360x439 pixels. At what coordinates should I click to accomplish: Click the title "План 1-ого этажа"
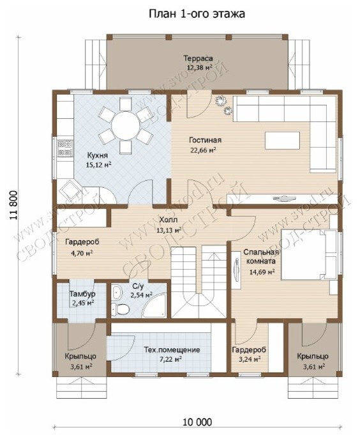click(x=197, y=13)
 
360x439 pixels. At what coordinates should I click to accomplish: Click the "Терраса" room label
click(x=198, y=59)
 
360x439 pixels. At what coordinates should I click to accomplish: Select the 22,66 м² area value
click(x=203, y=150)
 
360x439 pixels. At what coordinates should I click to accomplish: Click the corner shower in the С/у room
click(x=154, y=305)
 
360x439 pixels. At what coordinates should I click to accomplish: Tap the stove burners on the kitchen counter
click(x=65, y=148)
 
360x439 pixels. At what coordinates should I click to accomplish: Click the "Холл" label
click(x=168, y=220)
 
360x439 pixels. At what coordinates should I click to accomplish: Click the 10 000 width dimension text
click(x=197, y=422)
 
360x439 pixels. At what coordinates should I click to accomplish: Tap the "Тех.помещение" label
click(x=172, y=350)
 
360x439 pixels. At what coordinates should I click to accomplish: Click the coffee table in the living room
click(x=283, y=141)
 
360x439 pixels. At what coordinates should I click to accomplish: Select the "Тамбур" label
click(x=82, y=294)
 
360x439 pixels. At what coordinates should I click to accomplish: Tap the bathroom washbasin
click(x=117, y=293)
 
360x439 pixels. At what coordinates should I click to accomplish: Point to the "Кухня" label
click(x=98, y=156)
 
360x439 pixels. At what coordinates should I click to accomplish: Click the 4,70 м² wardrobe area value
click(x=82, y=254)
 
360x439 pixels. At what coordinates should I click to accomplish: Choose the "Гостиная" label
click(x=205, y=140)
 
